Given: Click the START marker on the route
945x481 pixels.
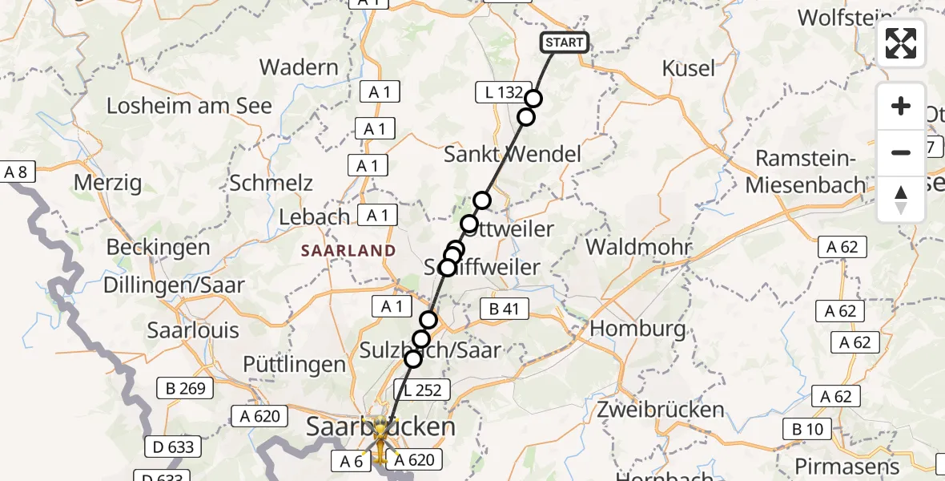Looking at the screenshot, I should point(565,42).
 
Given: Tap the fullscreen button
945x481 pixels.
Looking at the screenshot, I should point(901,43).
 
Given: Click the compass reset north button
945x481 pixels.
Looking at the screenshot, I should point(901,200).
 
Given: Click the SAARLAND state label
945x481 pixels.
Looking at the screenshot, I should point(348,251).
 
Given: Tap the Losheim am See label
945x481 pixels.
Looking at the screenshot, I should point(189,106).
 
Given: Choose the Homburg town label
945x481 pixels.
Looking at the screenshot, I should point(637,328).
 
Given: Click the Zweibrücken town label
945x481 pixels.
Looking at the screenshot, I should point(661,410).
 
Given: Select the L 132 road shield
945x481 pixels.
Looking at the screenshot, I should point(503,92).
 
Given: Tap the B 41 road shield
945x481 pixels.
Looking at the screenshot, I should point(504,309).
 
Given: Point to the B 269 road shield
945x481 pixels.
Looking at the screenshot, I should point(186,389).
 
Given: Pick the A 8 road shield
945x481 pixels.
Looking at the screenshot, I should point(15,171).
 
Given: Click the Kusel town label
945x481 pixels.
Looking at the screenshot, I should point(689,69).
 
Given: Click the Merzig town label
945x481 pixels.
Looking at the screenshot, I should point(107,182).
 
